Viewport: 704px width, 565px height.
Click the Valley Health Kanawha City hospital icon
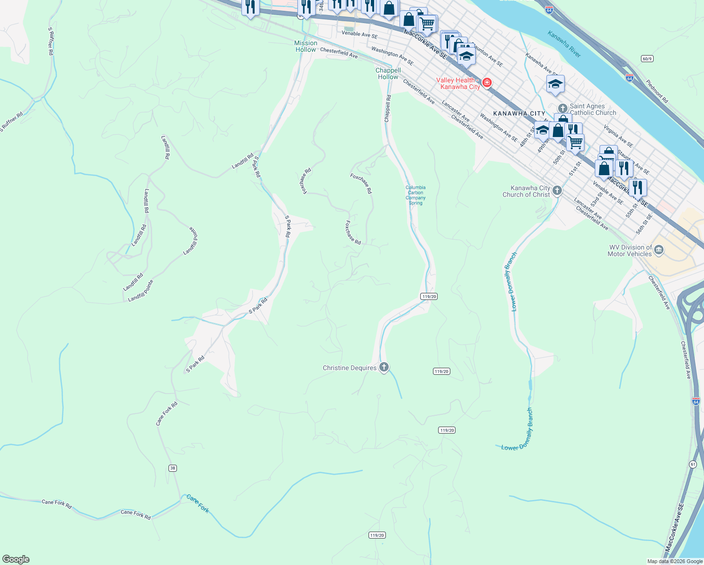[487, 83]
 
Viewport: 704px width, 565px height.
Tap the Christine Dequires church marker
[384, 367]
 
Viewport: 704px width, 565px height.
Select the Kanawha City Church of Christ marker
[557, 191]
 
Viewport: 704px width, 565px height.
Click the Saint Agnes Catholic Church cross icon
[562, 109]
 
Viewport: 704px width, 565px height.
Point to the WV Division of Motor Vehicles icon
[659, 250]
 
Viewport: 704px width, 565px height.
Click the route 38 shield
[173, 468]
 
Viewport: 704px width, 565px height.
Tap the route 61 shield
[693, 464]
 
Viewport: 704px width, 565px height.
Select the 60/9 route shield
[647, 58]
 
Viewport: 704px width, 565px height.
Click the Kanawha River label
[564, 44]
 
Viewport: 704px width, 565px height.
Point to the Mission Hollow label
[306, 46]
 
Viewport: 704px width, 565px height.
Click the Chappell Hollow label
[388, 73]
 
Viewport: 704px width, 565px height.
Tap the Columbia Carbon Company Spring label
[416, 195]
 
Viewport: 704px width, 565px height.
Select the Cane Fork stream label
[198, 503]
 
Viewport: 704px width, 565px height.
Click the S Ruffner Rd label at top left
[50, 41]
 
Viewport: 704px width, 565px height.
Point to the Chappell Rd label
[388, 109]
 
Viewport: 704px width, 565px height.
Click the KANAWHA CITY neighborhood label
[519, 113]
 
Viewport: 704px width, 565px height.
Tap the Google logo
[16, 559]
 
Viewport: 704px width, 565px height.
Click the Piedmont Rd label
[656, 91]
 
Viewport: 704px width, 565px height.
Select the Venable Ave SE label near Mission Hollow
[360, 34]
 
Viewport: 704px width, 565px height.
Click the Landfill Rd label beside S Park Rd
[243, 161]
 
